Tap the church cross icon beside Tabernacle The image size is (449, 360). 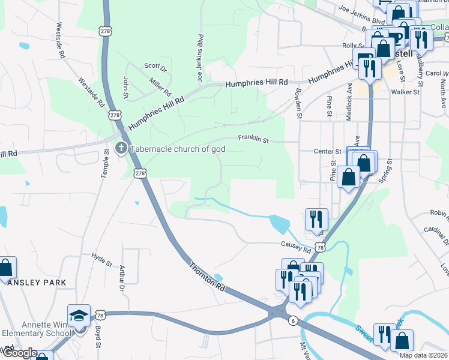pyautogui.click(x=121, y=148)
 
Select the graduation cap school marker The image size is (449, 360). pyautogui.click(x=79, y=316)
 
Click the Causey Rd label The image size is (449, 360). pyautogui.click(x=297, y=246)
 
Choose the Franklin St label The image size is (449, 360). pyautogui.click(x=253, y=139)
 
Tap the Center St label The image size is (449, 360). pyautogui.click(x=328, y=152)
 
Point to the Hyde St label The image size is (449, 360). pyautogui.click(x=101, y=260)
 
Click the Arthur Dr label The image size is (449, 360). pyautogui.click(x=122, y=280)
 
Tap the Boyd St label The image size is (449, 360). pyautogui.click(x=97, y=335)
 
